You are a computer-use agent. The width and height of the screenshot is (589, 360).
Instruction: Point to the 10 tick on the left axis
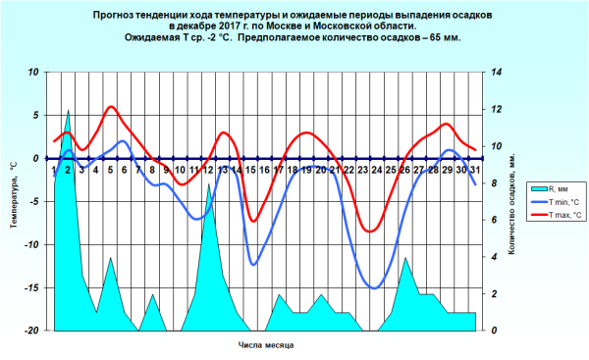point(33,73)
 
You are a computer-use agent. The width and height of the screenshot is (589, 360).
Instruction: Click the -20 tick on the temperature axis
point(31,331)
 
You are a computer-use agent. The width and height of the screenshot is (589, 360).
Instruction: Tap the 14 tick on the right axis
point(498,73)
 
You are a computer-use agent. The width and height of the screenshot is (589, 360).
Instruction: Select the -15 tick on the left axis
point(31,287)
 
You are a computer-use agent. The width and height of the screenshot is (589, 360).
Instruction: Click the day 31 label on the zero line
point(475,171)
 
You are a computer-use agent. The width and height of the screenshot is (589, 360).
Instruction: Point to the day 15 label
point(250,171)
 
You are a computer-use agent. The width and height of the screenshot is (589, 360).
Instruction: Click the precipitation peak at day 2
point(68,112)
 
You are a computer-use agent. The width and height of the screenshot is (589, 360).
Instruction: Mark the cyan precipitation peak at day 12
point(208,184)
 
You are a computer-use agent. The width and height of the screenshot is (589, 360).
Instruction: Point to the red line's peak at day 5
point(110,106)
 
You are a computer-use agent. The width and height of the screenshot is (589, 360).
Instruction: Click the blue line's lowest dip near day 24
point(374,287)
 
